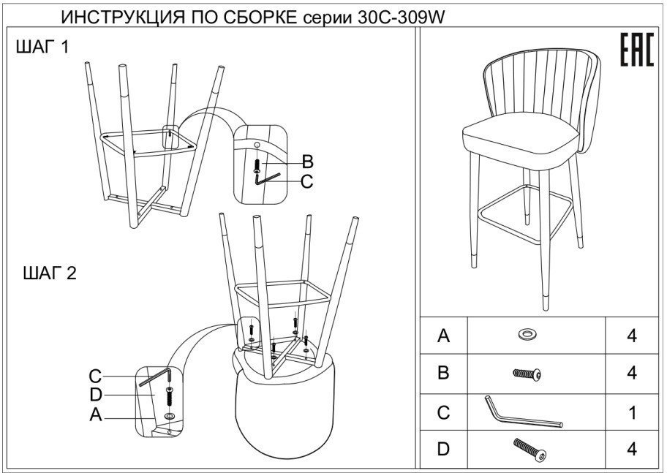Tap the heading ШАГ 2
45,274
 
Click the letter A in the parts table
442,336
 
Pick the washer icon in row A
526,335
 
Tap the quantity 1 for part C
632,412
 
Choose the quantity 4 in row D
632,448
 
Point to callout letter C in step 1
307,181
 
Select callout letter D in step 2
95,396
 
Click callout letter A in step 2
95,416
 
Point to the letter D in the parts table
442,448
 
